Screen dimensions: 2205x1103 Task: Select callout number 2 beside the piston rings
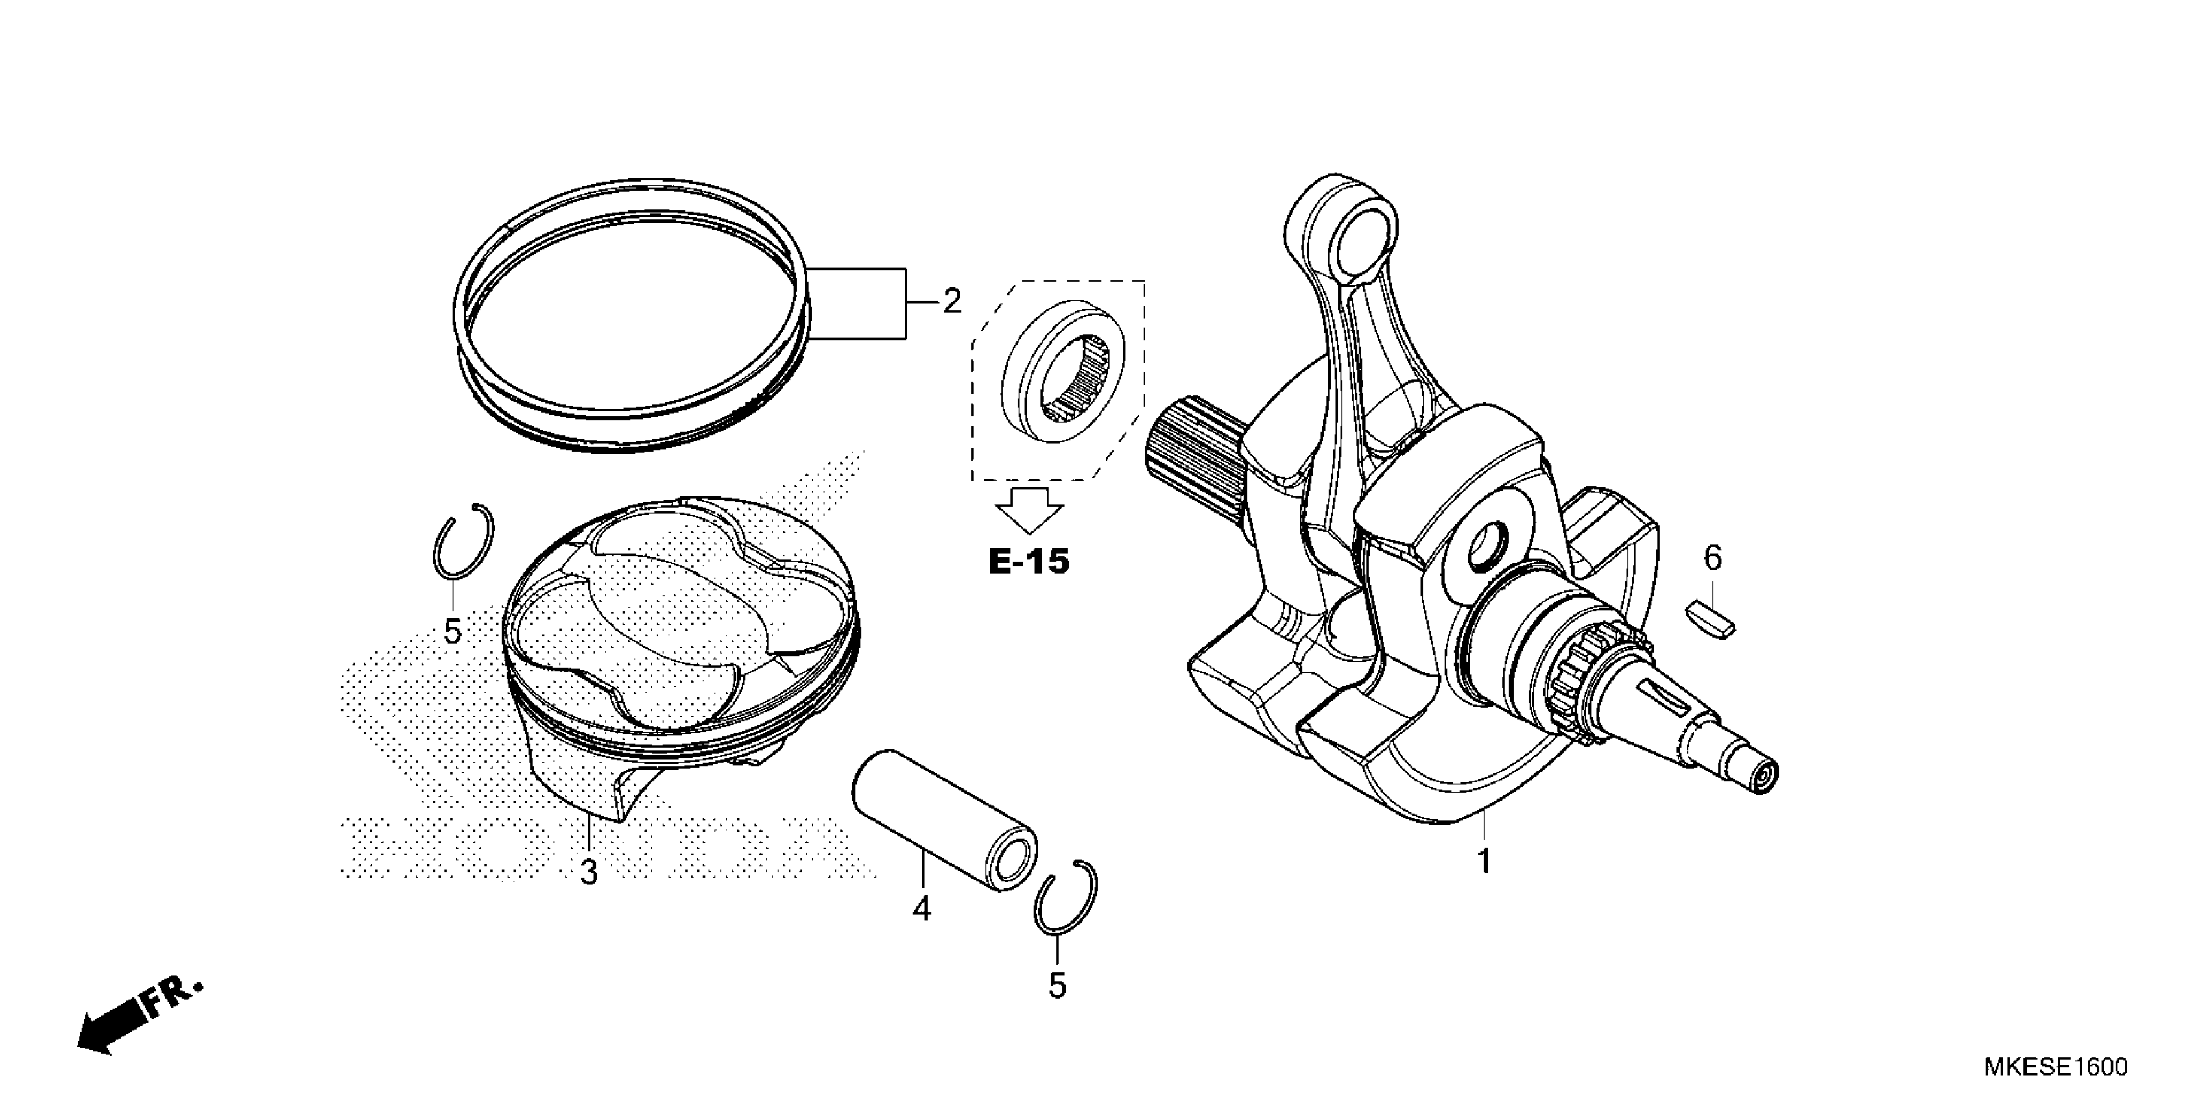tap(952, 302)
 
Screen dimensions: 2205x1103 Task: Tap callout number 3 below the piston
tap(589, 873)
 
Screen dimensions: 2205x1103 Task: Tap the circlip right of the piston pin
tap(1065, 897)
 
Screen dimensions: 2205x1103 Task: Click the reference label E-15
tap(1029, 562)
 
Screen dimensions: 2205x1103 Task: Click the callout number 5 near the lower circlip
tap(1057, 986)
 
